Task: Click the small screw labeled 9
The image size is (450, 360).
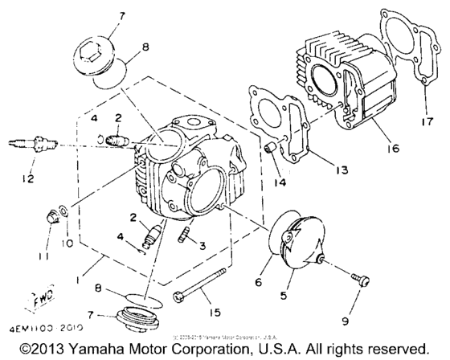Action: tap(360, 279)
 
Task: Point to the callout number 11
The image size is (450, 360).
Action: tap(41, 256)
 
